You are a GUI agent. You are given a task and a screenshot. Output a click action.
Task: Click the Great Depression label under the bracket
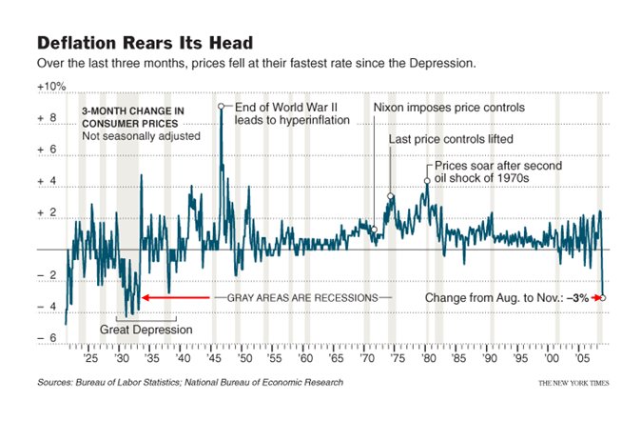tap(146, 331)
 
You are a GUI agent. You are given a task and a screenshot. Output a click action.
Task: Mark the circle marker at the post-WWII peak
tap(221, 107)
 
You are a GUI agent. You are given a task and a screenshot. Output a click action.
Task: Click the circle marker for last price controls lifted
tap(391, 196)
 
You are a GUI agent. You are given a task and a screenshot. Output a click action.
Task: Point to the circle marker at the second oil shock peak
tap(427, 179)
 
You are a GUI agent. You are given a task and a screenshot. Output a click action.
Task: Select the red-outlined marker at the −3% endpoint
tap(604, 298)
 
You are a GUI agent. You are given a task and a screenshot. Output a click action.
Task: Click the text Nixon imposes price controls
tap(449, 108)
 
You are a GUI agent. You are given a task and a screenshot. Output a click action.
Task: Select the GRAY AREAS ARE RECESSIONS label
tap(302, 298)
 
